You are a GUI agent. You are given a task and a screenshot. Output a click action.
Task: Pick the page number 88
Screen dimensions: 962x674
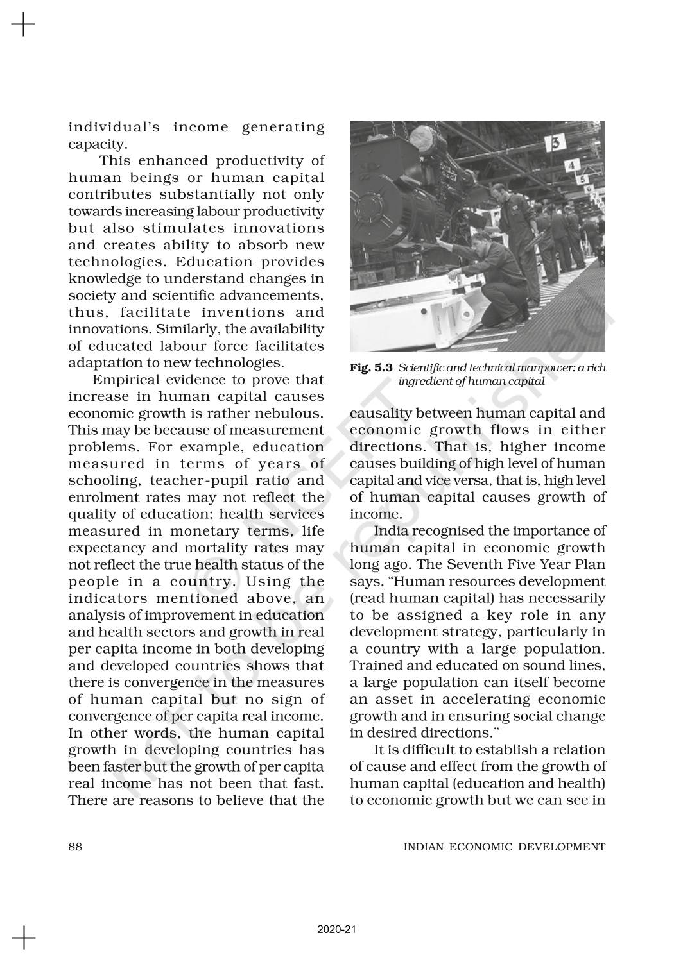75,847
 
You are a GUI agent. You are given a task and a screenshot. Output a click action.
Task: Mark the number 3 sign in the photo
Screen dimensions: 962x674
557,142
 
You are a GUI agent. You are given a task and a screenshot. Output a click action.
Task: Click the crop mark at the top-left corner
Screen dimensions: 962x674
23,25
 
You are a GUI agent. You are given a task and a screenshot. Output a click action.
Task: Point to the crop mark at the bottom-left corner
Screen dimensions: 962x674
23,937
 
